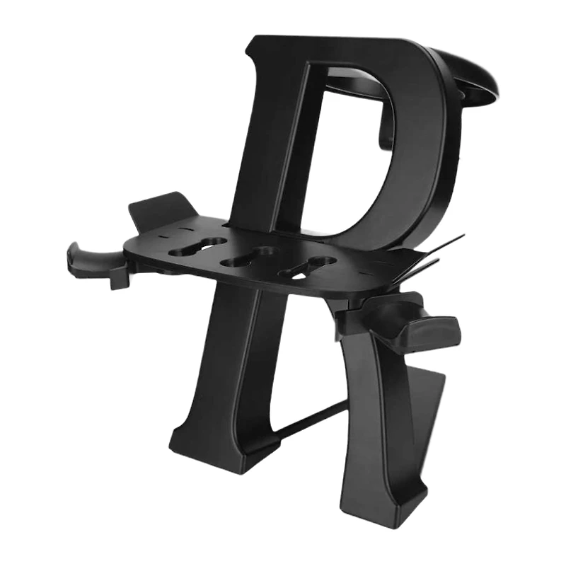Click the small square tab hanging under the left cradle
click(119, 278)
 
